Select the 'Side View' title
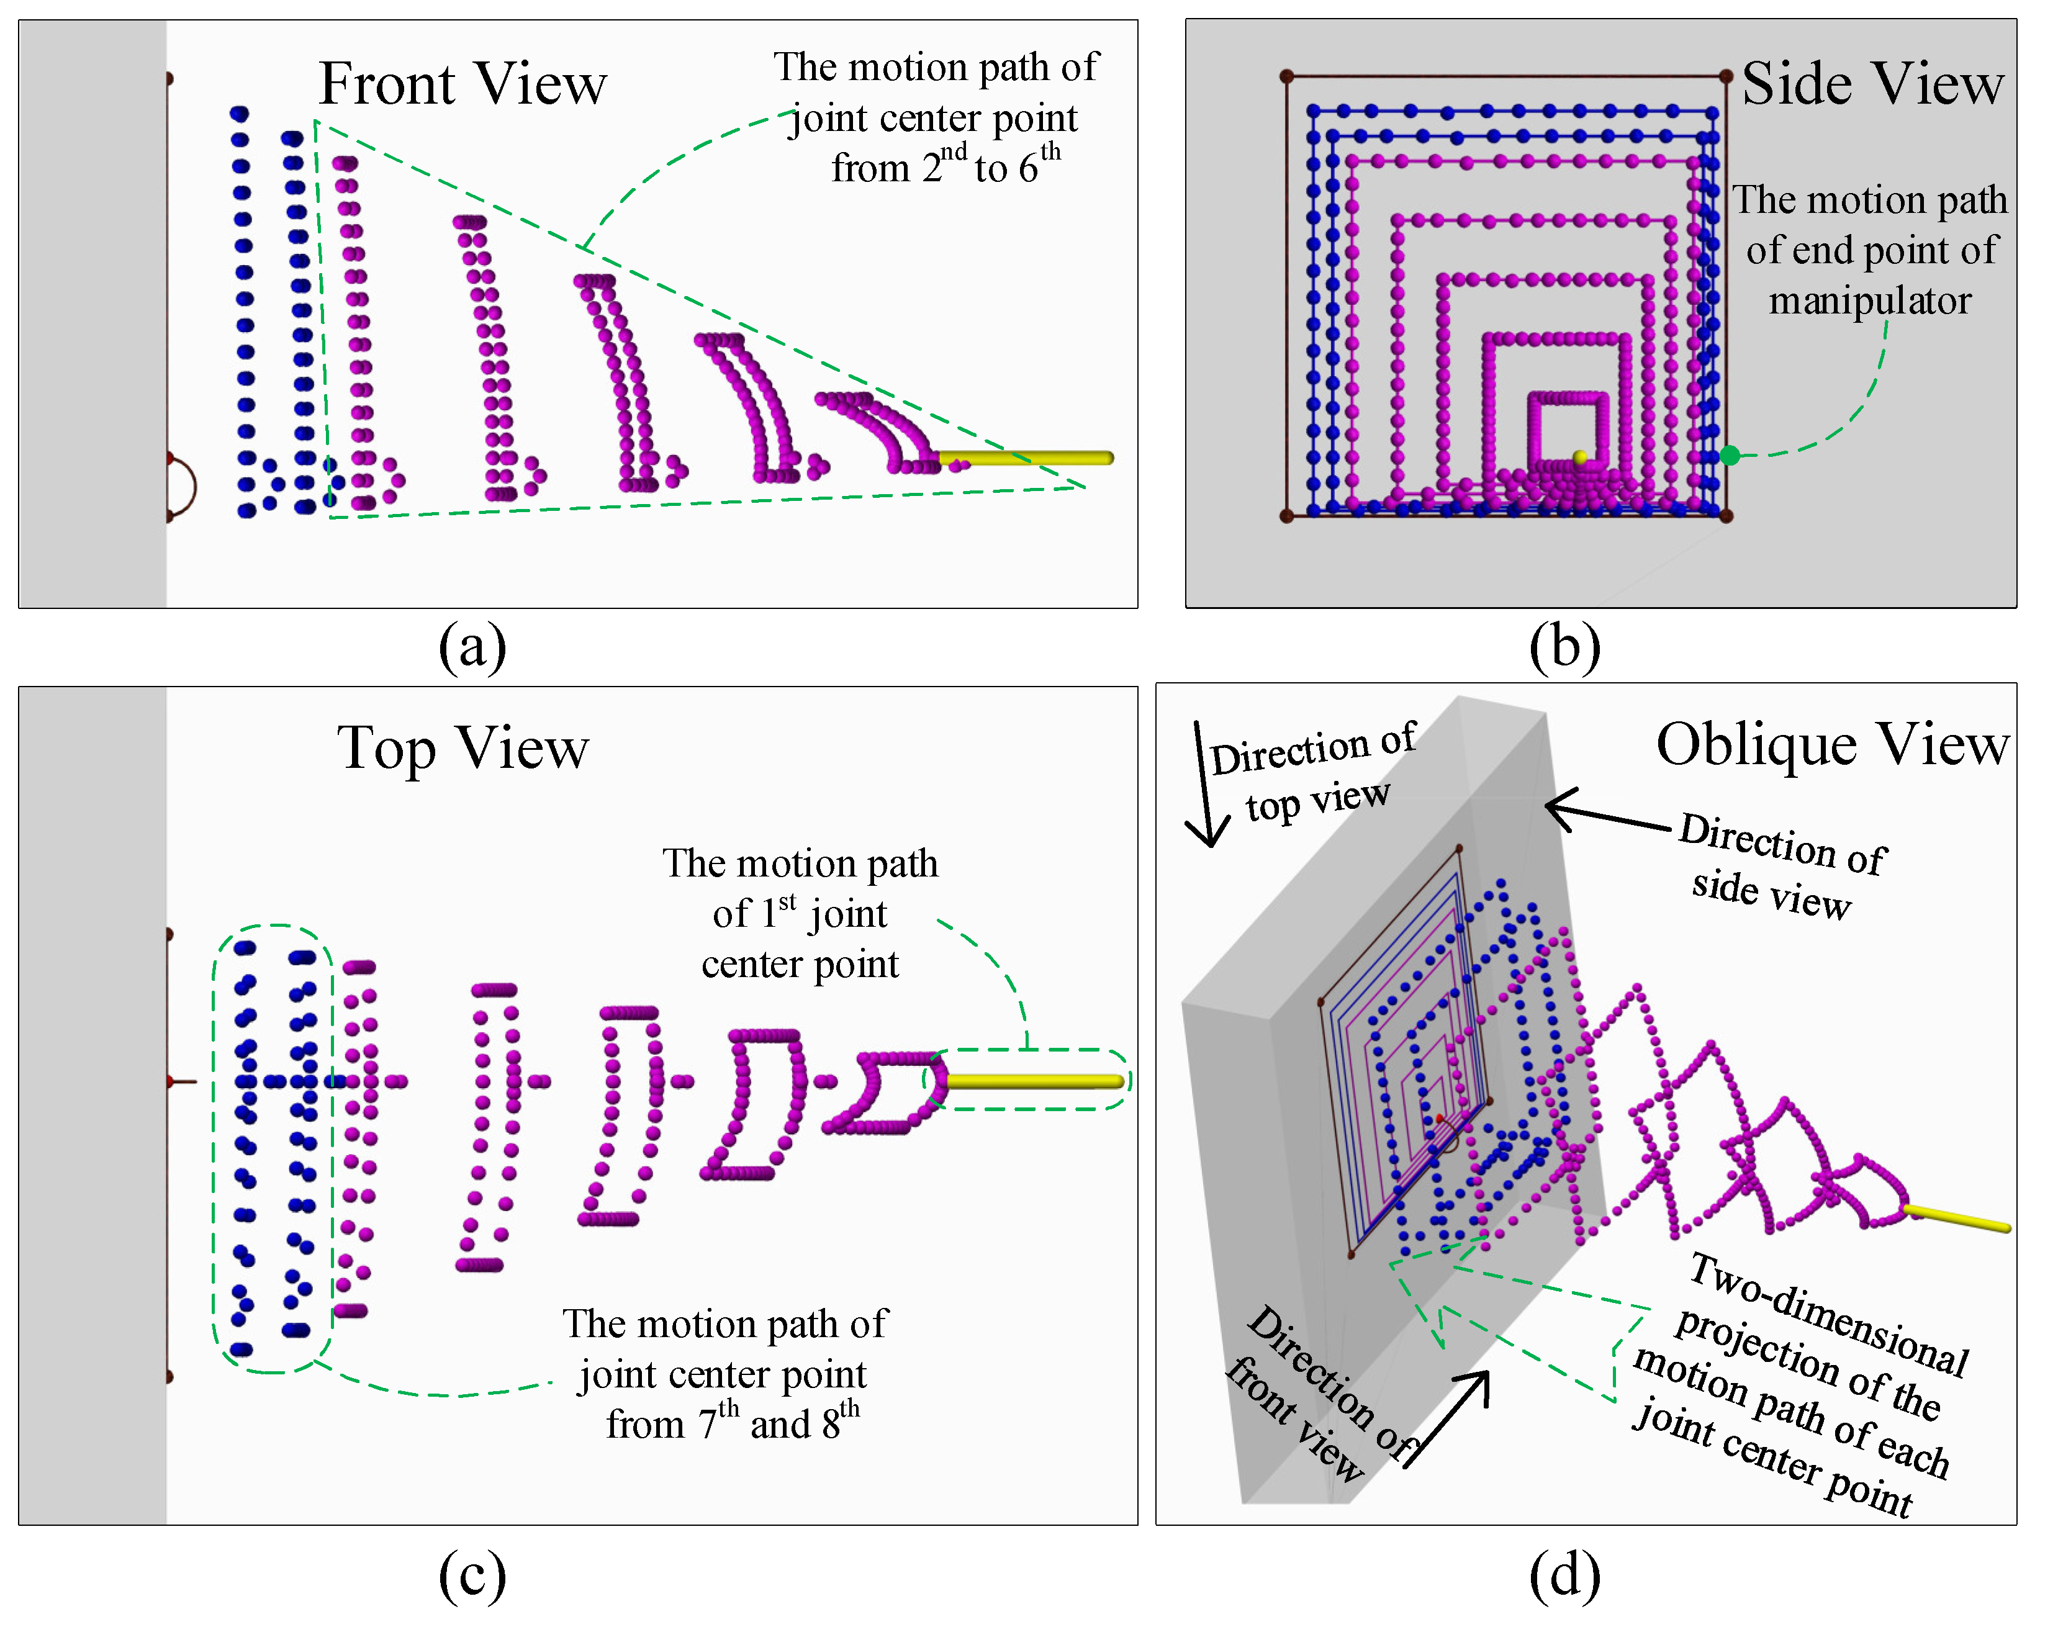(x=1872, y=84)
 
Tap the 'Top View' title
(x=463, y=748)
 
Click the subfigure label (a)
(x=472, y=647)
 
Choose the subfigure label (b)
(x=1564, y=647)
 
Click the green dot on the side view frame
(x=1730, y=456)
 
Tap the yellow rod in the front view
(x=1029, y=458)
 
